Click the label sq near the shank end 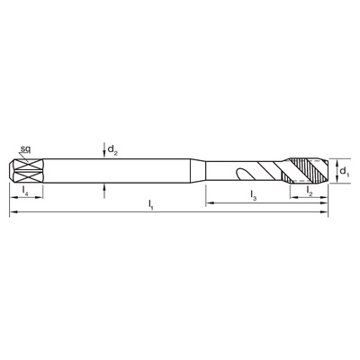(x=26, y=148)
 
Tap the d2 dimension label (x=112, y=149)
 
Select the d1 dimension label (x=345, y=172)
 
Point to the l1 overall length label (x=151, y=204)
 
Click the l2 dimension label (x=310, y=191)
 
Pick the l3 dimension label (x=254, y=195)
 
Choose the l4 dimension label (x=26, y=191)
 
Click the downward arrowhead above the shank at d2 (x=104, y=155)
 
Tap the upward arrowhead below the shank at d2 (x=104, y=187)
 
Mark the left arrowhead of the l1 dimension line (x=13, y=212)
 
